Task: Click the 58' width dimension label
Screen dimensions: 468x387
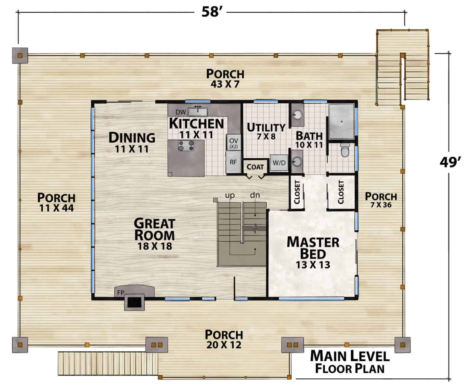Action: tap(210, 12)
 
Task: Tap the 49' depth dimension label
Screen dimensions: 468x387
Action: tap(450, 162)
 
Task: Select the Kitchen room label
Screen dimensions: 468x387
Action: tap(196, 123)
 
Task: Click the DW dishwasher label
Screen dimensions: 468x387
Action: tap(181, 112)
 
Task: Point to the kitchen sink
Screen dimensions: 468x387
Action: tap(198, 112)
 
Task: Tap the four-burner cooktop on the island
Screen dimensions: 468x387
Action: tap(186, 145)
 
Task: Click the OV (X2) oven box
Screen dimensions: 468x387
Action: tap(233, 142)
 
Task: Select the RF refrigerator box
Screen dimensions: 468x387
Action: tap(233, 162)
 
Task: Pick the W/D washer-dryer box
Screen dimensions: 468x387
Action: tap(279, 163)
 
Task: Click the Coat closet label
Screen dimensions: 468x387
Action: tap(255, 167)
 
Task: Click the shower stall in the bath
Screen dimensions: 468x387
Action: tap(342, 121)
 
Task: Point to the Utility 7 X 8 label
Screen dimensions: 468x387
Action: tap(266, 131)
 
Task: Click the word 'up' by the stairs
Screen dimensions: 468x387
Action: tap(230, 195)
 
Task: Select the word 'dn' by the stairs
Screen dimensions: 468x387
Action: tap(255, 195)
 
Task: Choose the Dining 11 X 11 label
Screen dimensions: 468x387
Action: tap(132, 142)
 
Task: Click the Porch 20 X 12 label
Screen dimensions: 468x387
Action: tap(224, 339)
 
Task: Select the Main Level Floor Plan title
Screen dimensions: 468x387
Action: tap(350, 362)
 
